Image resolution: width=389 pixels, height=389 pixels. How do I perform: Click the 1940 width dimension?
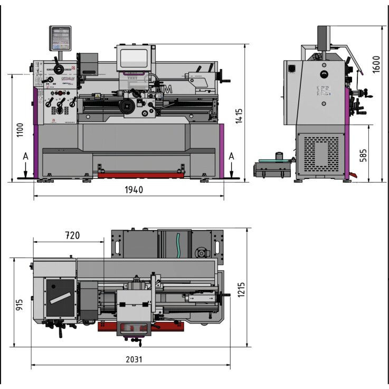134,190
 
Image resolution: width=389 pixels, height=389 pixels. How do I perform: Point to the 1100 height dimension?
20,130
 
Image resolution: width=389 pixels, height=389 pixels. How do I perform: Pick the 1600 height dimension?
376,64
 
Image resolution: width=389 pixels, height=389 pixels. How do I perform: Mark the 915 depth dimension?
20,305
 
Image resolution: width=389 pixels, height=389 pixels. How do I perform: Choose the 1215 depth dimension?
241,289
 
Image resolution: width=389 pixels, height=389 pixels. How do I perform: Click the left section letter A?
25,156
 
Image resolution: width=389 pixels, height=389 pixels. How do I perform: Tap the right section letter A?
232,156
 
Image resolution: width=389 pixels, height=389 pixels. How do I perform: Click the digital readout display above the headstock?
60,38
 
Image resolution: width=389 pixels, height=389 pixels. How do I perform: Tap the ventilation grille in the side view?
318,153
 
